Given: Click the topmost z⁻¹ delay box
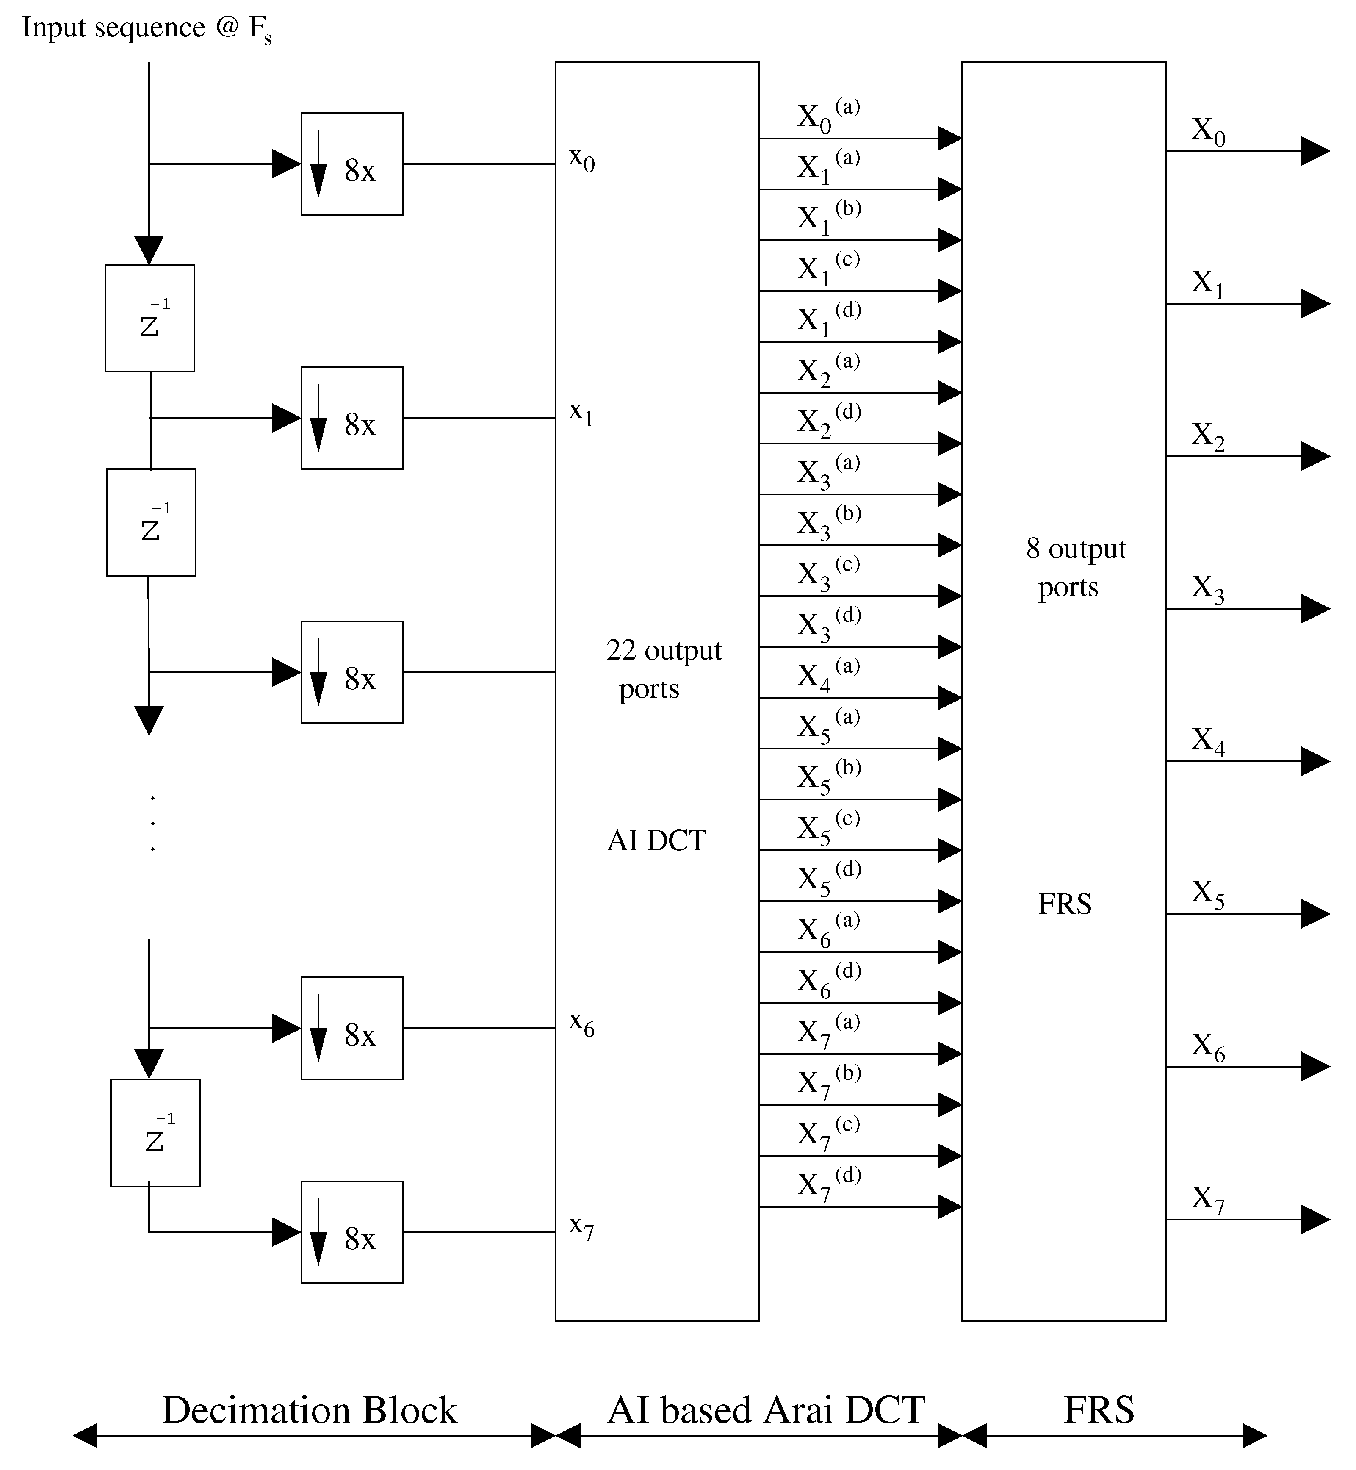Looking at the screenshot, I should coord(149,318).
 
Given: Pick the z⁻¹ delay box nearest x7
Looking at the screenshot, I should coord(155,1132).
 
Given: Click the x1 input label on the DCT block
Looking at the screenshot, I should coord(581,413).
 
